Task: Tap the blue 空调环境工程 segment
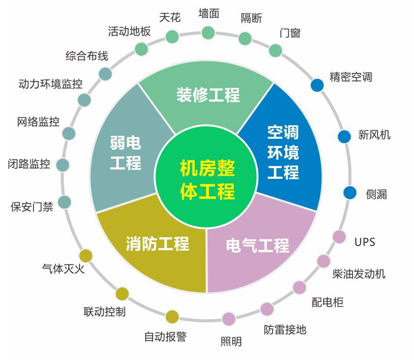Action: pyautogui.click(x=283, y=152)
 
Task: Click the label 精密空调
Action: pyautogui.click(x=351, y=76)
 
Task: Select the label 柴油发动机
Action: pyautogui.click(x=359, y=274)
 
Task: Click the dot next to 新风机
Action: pyautogui.click(x=344, y=136)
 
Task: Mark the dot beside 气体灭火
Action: pyautogui.click(x=86, y=256)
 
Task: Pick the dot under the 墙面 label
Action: pyautogui.click(x=208, y=33)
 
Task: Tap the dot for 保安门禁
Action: pyautogui.click(x=65, y=202)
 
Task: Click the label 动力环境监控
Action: pyautogui.click(x=50, y=84)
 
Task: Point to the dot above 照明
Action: pyautogui.click(x=229, y=319)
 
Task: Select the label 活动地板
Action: pyautogui.click(x=129, y=31)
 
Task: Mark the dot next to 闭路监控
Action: pyautogui.click(x=63, y=165)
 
